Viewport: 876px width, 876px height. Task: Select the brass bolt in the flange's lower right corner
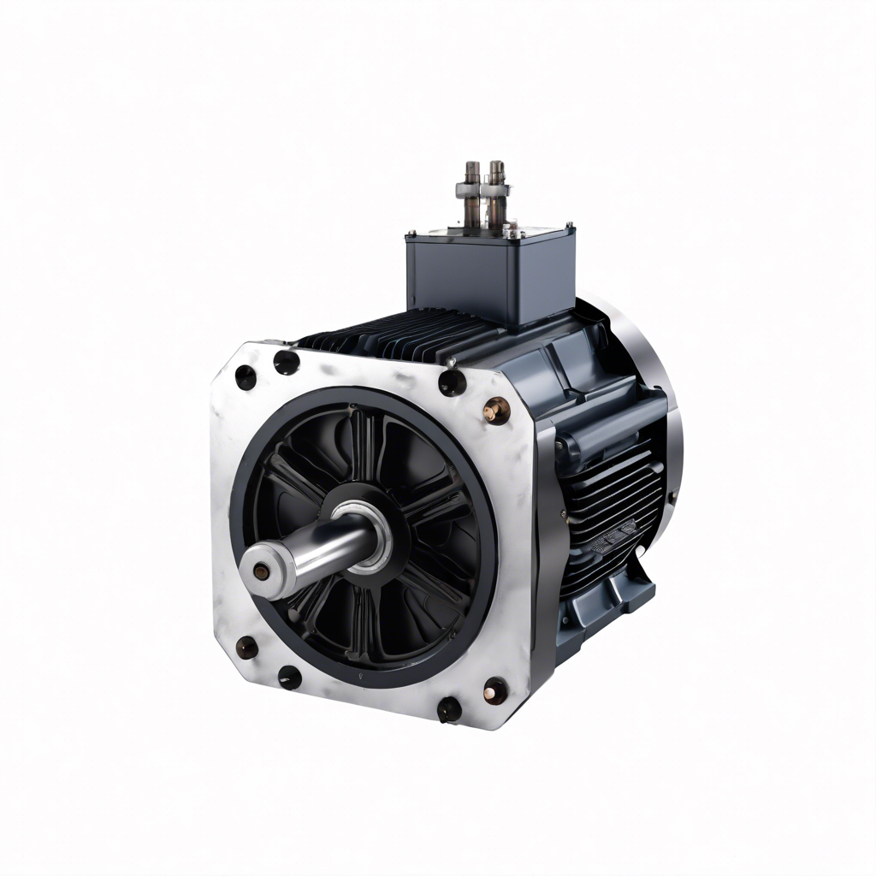(x=494, y=689)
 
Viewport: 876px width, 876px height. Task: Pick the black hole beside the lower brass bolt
(x=448, y=708)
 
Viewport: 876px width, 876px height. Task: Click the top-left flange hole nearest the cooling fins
(x=286, y=362)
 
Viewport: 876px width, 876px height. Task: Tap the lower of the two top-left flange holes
(x=246, y=376)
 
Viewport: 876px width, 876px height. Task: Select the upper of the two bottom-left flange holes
(x=246, y=648)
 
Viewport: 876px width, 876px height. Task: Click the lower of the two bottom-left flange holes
(x=289, y=678)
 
